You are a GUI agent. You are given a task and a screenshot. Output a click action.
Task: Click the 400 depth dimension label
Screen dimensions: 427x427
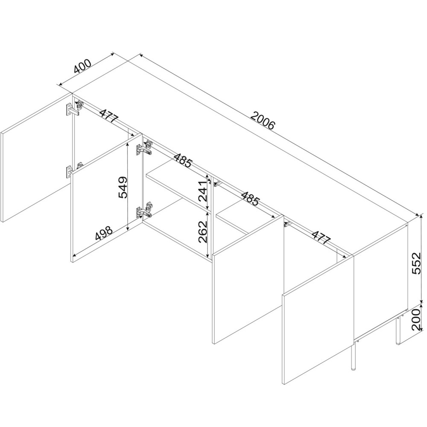point(82,67)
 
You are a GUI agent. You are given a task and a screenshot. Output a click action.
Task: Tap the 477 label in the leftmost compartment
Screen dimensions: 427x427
point(108,116)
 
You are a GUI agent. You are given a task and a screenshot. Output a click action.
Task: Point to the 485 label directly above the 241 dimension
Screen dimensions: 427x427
point(183,161)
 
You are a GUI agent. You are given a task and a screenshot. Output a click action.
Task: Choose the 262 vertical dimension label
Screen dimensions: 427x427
point(203,232)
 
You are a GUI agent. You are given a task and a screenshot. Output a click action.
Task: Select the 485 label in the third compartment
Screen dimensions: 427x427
point(249,199)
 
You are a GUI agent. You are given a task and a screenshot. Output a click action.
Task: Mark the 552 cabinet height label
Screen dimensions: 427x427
point(416,263)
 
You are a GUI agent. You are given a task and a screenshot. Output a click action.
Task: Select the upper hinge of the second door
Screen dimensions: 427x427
point(144,148)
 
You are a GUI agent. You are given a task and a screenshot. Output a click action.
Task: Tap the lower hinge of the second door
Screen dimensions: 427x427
point(144,210)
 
